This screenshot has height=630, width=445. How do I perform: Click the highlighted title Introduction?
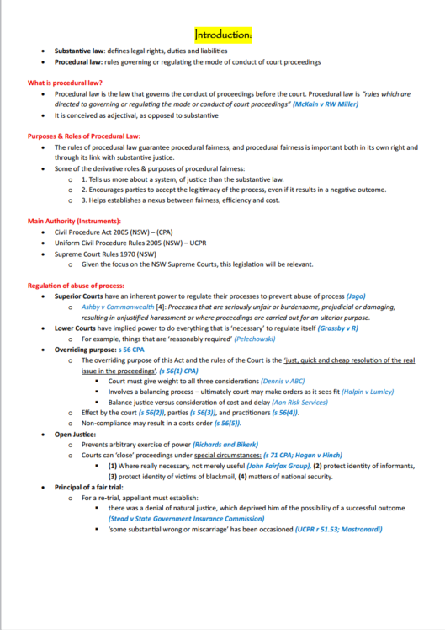[223, 35]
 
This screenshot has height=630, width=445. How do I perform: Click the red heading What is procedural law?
[66, 83]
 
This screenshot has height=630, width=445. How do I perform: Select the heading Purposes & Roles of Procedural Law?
[84, 136]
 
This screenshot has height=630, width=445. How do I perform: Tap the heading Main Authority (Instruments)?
[75, 221]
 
